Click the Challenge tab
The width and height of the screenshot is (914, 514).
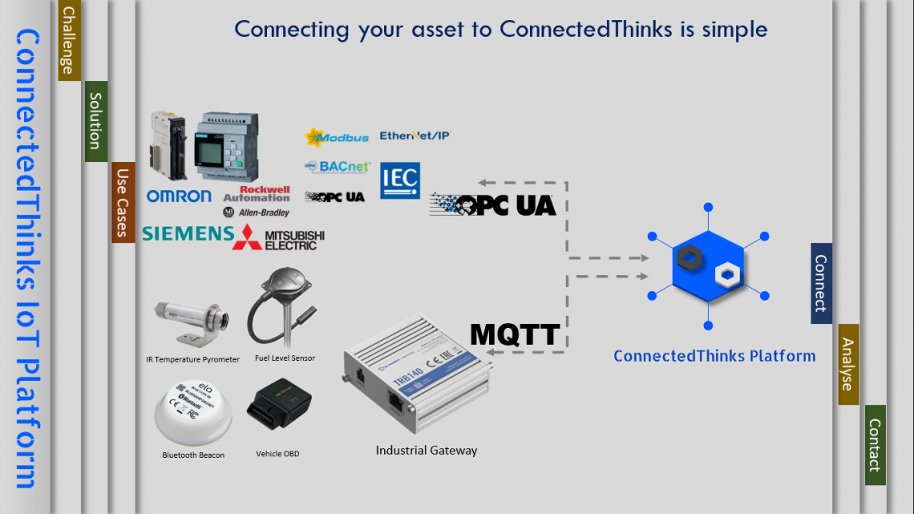click(70, 40)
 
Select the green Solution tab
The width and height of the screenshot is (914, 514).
click(95, 121)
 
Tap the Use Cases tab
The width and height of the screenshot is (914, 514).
click(123, 202)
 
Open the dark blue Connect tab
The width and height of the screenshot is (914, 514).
click(821, 283)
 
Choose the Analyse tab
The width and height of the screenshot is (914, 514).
click(847, 364)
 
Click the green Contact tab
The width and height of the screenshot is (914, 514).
click(875, 445)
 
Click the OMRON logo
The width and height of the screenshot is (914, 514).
click(179, 196)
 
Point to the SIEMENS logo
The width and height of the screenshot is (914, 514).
click(186, 233)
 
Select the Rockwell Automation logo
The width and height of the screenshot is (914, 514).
click(257, 194)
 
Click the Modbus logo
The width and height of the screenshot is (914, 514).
click(337, 137)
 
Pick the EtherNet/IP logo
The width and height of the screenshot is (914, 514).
click(415, 136)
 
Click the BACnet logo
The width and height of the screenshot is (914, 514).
click(338, 167)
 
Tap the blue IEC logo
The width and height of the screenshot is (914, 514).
click(399, 180)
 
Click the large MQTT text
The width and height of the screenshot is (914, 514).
click(515, 334)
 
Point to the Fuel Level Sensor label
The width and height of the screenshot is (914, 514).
click(285, 358)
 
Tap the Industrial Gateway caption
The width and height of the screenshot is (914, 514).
click(426, 451)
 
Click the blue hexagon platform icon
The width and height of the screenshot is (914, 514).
click(707, 266)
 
